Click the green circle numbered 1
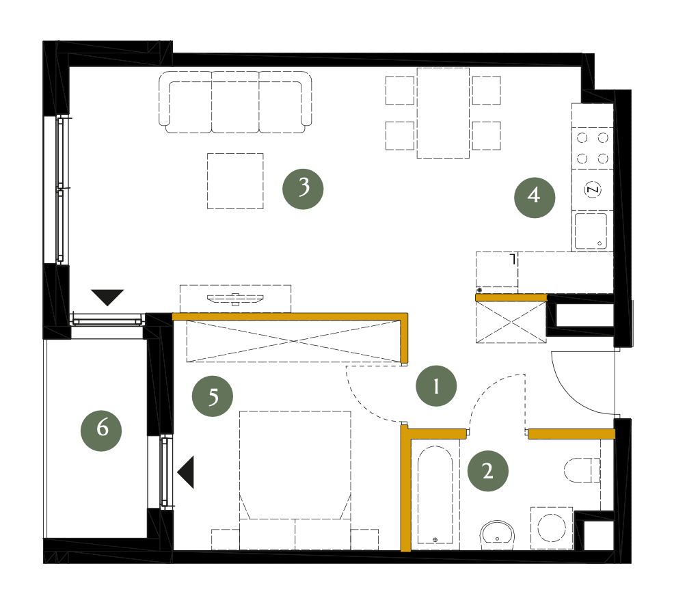[x=435, y=385]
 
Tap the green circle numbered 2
[x=487, y=471]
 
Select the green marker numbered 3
[x=303, y=189]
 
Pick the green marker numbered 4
[x=535, y=198]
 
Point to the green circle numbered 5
[x=213, y=396]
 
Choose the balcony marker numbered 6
[x=101, y=431]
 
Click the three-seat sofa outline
[x=235, y=103]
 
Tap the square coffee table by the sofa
[x=235, y=181]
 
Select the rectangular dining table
[x=443, y=113]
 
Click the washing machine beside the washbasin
[x=552, y=528]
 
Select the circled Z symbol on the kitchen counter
[x=593, y=190]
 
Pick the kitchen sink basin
[x=591, y=231]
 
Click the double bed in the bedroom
[x=295, y=480]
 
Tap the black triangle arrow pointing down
[x=107, y=297]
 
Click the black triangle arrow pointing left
[x=186, y=472]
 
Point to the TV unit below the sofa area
[x=235, y=299]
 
